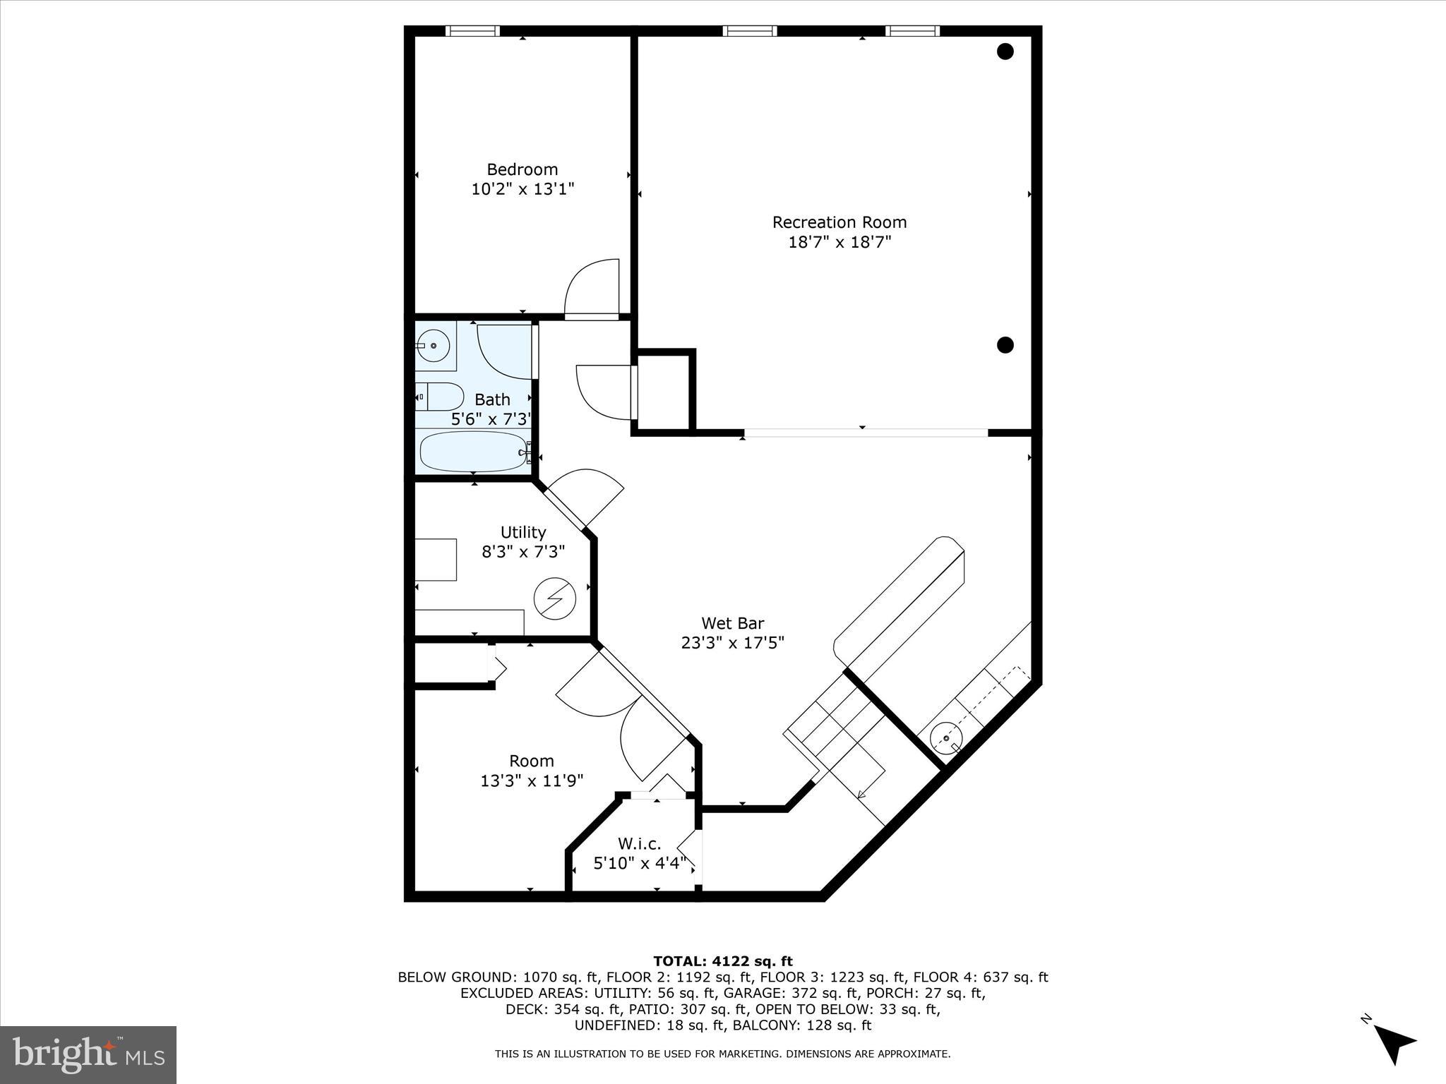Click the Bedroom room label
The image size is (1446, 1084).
point(522,169)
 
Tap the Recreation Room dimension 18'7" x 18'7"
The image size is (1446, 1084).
point(839,242)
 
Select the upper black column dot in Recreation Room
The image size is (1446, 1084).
point(1005,52)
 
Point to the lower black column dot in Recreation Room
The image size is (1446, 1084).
point(1005,345)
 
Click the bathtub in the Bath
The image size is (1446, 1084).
point(474,452)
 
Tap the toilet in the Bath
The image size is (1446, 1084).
point(440,397)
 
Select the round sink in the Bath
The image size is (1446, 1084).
point(433,346)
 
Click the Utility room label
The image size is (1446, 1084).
point(522,532)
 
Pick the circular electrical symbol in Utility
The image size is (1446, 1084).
point(554,599)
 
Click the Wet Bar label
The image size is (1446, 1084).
point(732,623)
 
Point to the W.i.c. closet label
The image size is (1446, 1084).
point(639,843)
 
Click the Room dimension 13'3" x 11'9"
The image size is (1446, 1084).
point(532,781)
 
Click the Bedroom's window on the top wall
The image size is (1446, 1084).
point(472,31)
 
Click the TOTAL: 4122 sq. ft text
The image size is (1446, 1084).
point(722,961)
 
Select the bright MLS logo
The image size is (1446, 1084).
point(88,1054)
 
